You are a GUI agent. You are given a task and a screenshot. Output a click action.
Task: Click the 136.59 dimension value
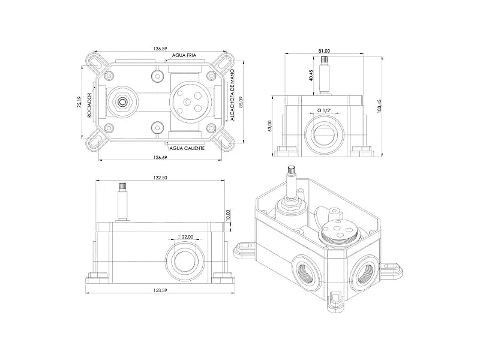coord(160,49)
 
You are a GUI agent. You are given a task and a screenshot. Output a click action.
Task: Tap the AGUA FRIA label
coord(184,55)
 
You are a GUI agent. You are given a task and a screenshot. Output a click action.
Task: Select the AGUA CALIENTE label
coord(187,148)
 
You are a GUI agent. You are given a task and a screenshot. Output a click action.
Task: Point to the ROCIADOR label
coord(89,105)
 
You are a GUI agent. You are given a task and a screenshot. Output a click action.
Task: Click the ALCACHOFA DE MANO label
coord(232,95)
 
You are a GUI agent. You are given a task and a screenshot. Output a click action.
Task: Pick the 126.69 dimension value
coord(160,157)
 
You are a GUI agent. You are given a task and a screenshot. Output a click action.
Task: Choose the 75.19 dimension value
coord(79,101)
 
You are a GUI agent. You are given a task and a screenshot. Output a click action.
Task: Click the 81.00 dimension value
coord(324,51)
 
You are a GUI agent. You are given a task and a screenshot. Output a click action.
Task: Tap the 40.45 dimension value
coord(311,76)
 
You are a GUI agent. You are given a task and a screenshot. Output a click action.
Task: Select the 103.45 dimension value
coord(379,106)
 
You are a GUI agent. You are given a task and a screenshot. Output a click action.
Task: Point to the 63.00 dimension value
coord(269,126)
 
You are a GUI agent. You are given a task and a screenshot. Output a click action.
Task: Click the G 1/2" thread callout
coord(324,110)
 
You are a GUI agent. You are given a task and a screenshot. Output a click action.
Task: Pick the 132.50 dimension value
coord(160,178)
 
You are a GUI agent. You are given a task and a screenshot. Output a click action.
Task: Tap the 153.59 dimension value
coord(160,290)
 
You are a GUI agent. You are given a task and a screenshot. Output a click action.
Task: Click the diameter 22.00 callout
coord(185,236)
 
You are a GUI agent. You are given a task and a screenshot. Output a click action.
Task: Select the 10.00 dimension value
coord(227,215)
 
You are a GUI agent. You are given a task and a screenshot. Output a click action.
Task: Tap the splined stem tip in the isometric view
coord(290,169)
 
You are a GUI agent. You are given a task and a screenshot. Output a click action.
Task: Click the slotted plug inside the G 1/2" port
coord(325,133)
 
